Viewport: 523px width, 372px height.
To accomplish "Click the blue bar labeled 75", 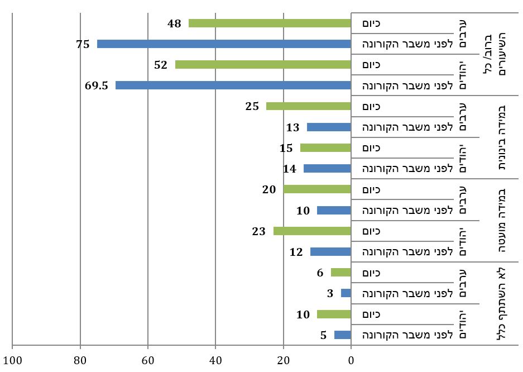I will click(224, 44).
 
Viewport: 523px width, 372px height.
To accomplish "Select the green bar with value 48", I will click(270, 23).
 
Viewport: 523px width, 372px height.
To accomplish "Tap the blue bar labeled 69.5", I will click(233, 85).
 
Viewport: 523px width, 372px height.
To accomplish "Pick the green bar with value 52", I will click(263, 65).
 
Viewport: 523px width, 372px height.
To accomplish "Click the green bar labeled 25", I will click(309, 106).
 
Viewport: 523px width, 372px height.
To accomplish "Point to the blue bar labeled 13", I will click(329, 127).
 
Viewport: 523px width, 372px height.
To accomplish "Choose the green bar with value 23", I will click(312, 231).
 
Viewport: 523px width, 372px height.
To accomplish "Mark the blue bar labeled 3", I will click(346, 293).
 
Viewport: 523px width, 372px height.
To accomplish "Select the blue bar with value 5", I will click(343, 335).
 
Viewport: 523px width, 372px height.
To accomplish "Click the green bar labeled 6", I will click(341, 273).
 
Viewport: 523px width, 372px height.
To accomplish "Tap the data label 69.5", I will click(97, 85).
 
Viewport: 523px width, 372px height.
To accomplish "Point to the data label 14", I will click(290, 169).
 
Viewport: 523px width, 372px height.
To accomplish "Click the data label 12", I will click(296, 252).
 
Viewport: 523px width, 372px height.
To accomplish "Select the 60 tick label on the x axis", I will click(148, 360).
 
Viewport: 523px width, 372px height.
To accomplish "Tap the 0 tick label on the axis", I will click(351, 360).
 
